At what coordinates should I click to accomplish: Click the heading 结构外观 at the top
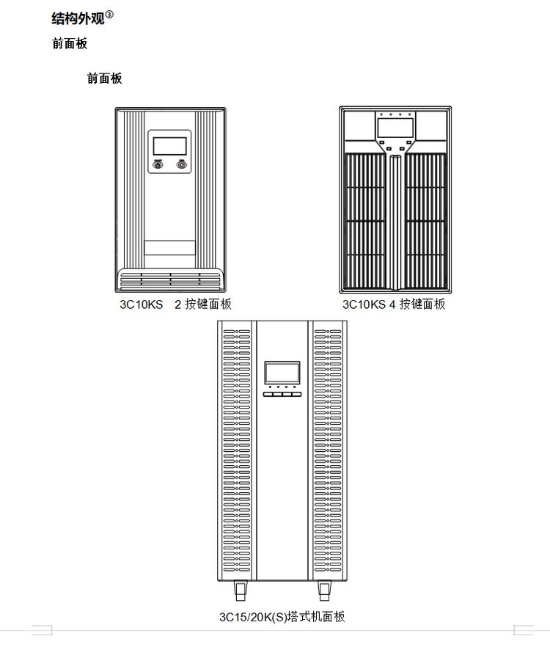[x=78, y=18]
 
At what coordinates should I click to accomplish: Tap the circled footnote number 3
[x=109, y=15]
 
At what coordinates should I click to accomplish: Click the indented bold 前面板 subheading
[x=104, y=78]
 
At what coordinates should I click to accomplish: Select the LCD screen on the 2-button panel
[x=169, y=146]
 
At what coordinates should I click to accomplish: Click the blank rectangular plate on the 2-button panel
[x=169, y=248]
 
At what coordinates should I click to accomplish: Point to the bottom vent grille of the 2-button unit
[x=170, y=279]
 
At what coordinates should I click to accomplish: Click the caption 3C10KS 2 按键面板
[x=176, y=304]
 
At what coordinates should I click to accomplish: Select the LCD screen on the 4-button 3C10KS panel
[x=395, y=128]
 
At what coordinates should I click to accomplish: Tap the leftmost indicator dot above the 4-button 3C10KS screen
[x=381, y=114]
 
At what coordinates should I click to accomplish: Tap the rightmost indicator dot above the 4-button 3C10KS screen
[x=410, y=114]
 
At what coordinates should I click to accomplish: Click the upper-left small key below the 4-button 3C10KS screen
[x=382, y=142]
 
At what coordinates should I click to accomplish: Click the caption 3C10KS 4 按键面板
[x=394, y=304]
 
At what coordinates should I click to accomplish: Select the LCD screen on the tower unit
[x=282, y=373]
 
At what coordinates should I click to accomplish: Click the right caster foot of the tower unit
[x=324, y=591]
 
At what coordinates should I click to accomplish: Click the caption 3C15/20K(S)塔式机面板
[x=282, y=617]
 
